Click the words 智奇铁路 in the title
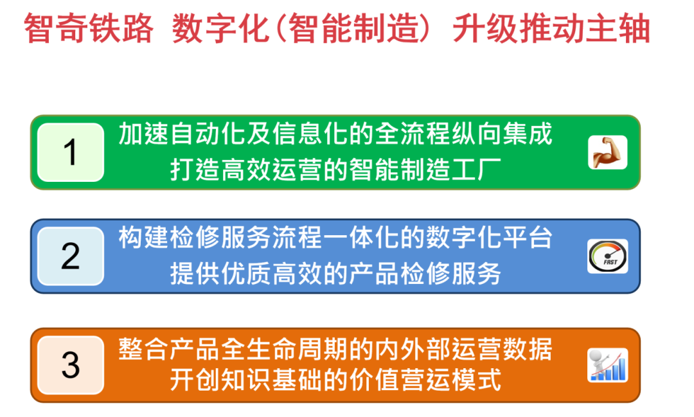89,29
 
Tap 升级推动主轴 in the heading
551,29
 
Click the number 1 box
71,152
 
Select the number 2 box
71,256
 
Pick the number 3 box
71,365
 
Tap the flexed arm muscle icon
607,152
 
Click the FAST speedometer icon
607,256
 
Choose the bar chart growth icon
607,365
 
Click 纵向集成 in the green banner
502,134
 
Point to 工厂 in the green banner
476,170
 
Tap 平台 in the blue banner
528,238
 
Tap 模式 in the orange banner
476,380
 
